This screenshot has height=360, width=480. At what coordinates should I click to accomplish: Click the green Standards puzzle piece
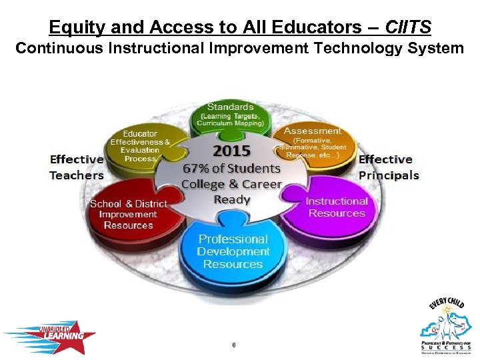coord(230,115)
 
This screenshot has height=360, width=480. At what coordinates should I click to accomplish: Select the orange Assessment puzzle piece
coord(313,142)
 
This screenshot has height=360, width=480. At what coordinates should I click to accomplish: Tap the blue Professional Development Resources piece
coord(233,251)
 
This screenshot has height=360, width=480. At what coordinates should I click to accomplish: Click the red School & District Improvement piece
coord(129,214)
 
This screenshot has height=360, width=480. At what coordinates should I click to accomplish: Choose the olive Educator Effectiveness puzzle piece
coord(140,145)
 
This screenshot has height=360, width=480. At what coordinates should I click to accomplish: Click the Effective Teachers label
coord(77,167)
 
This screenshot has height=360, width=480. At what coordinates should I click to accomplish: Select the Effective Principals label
coord(389,167)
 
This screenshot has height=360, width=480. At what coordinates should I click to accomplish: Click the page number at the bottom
coord(233,345)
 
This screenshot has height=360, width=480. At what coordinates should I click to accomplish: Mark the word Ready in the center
coord(232,199)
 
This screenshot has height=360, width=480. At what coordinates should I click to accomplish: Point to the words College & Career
coord(231,184)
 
